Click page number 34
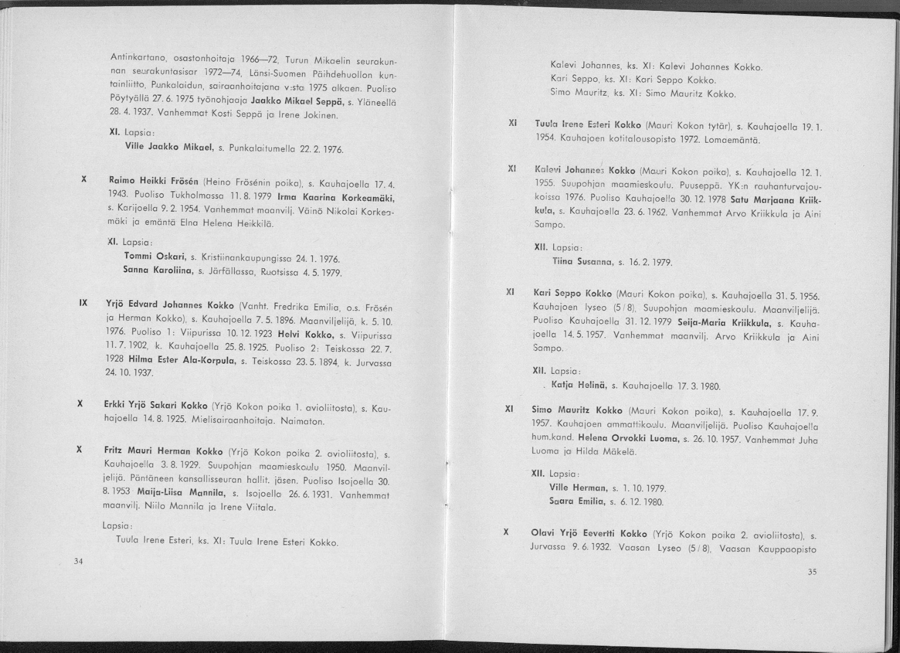(77, 561)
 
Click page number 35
(812, 572)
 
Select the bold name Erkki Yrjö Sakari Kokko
(156, 404)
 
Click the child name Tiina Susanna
(580, 262)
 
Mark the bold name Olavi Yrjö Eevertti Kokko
(589, 533)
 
